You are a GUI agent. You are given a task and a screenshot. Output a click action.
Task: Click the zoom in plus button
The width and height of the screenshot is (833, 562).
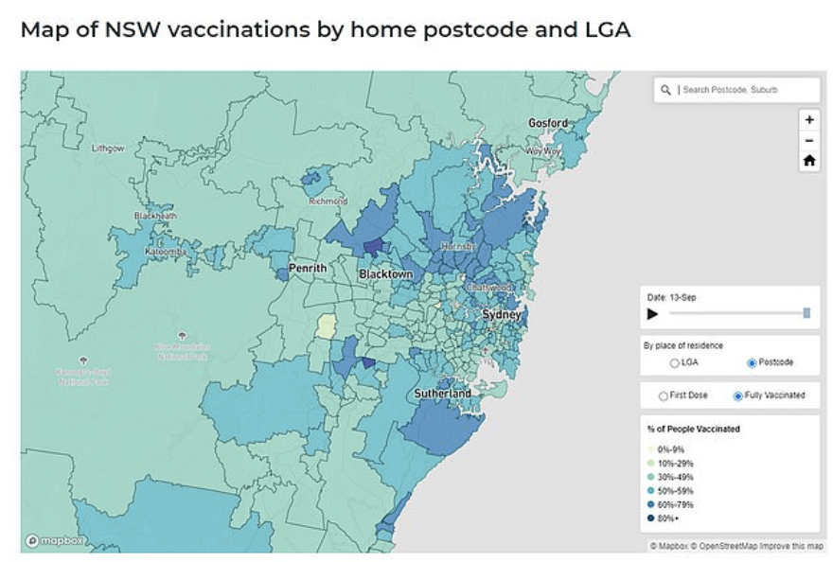[808, 120]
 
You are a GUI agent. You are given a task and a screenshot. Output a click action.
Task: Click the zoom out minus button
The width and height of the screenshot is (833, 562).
[808, 141]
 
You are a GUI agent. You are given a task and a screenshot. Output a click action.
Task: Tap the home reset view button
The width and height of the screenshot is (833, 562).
[808, 161]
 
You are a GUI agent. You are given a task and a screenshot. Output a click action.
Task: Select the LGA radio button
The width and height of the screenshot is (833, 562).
[674, 362]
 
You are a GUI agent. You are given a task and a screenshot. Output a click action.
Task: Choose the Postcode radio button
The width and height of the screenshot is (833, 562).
[752, 362]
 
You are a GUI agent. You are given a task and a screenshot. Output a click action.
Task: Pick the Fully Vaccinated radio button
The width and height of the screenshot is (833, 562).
[737, 395]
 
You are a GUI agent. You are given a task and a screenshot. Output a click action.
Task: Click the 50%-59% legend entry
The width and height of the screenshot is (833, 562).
[675, 490]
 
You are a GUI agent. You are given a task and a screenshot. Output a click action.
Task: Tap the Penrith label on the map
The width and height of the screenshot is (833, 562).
[307, 269]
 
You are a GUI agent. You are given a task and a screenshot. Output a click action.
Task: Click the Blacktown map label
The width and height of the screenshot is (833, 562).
[385, 274]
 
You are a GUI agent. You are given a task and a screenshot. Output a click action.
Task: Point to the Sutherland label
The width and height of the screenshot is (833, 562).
[442, 393]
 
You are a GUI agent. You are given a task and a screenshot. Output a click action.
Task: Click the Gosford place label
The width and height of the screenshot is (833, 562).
[547, 123]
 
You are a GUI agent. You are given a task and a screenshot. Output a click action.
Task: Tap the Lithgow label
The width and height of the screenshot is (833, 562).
[107, 149]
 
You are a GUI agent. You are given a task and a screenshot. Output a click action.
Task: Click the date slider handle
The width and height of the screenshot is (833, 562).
[806, 313]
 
